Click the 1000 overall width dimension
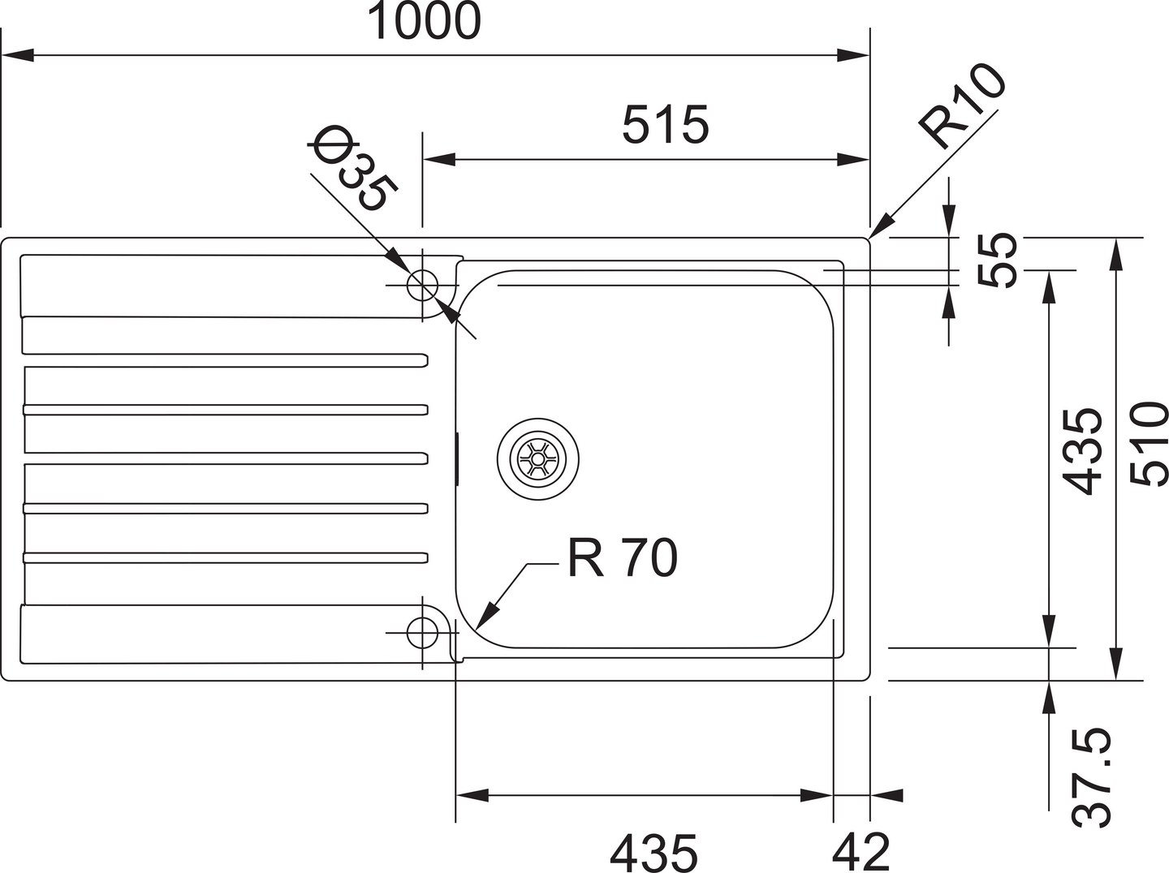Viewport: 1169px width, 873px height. pyautogui.click(x=424, y=22)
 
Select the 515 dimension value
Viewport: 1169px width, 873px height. pyautogui.click(x=665, y=125)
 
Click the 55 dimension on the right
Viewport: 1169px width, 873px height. pyautogui.click(x=998, y=260)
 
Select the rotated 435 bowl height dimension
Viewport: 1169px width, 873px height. pyautogui.click(x=1083, y=451)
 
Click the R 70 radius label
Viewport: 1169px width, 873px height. pyautogui.click(x=622, y=558)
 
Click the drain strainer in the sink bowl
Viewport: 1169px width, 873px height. pyautogui.click(x=537, y=458)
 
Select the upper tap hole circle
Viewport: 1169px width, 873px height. pyautogui.click(x=422, y=286)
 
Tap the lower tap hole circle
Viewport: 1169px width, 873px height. pyautogui.click(x=422, y=632)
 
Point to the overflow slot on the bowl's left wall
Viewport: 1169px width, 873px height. pyautogui.click(x=457, y=459)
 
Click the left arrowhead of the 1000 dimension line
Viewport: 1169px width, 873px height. pyautogui.click(x=16, y=55)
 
